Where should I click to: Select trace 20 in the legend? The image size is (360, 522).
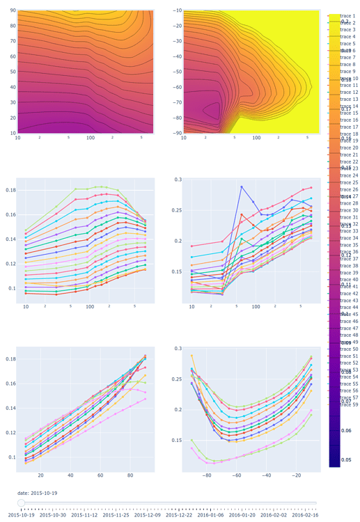[349, 148]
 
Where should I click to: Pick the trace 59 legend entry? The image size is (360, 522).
[349, 404]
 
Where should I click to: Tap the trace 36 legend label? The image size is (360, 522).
[349, 252]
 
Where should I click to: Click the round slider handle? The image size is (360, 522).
[22, 503]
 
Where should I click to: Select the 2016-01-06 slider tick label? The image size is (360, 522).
[210, 515]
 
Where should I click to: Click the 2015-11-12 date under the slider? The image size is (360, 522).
[84, 515]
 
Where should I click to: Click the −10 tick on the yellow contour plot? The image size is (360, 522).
[177, 10]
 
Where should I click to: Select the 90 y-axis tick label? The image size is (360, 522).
[13, 10]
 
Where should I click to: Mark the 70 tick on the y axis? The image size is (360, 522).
[13, 41]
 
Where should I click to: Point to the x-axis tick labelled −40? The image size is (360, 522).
[267, 476]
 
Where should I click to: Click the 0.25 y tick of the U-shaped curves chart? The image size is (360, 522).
[177, 379]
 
